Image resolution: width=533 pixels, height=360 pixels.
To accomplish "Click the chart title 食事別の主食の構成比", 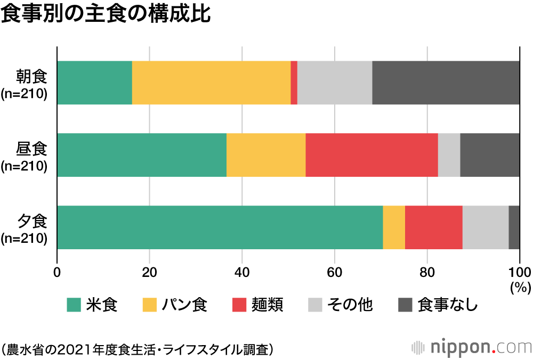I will point(106,14).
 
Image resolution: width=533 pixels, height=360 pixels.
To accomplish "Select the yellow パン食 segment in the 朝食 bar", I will point(211,83).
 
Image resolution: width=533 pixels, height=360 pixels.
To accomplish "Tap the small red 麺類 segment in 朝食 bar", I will point(294,83).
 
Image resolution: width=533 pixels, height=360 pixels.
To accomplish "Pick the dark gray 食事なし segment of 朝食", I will point(446,83).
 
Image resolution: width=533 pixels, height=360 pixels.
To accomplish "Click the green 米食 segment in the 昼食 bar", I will point(141,155).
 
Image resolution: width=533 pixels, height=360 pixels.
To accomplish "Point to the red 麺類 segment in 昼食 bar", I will point(372,155).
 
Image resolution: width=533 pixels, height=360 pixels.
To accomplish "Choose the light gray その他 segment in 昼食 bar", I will point(449,155).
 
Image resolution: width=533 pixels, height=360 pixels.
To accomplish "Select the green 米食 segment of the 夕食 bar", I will point(220,227).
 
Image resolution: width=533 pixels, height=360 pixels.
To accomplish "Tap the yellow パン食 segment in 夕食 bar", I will point(394,227).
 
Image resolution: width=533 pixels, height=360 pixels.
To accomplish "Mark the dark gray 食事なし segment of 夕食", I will point(514,227).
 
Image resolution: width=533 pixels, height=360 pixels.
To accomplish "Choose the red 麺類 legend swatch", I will point(240,305).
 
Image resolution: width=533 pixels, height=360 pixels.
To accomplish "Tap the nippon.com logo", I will point(471,348).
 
